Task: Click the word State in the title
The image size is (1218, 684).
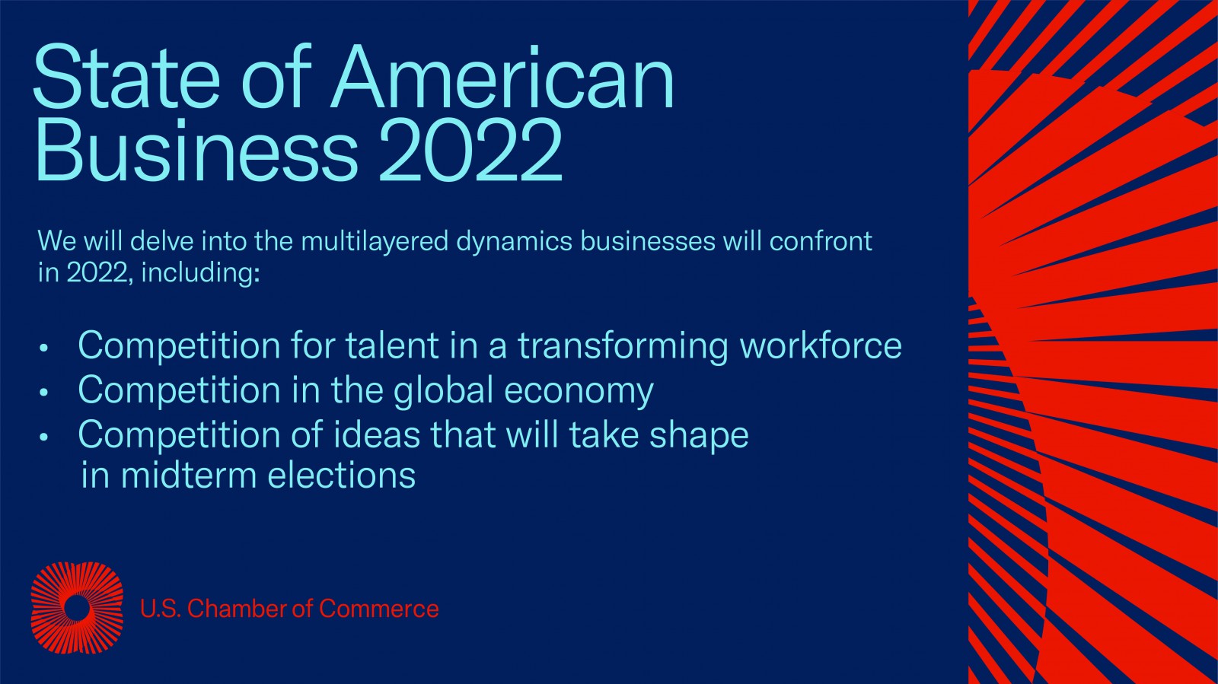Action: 126,77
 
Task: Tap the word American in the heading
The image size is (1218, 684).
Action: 502,77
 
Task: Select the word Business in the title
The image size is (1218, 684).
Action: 197,151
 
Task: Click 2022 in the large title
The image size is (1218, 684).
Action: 470,151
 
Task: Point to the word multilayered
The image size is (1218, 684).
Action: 375,241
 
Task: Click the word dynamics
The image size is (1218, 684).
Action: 515,241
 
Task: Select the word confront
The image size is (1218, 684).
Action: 821,241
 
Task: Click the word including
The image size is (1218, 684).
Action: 201,272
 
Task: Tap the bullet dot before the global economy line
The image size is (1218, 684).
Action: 44,393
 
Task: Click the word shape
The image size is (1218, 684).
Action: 699,436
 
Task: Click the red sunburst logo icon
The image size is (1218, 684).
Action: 77,608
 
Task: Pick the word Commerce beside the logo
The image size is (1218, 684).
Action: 378,609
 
